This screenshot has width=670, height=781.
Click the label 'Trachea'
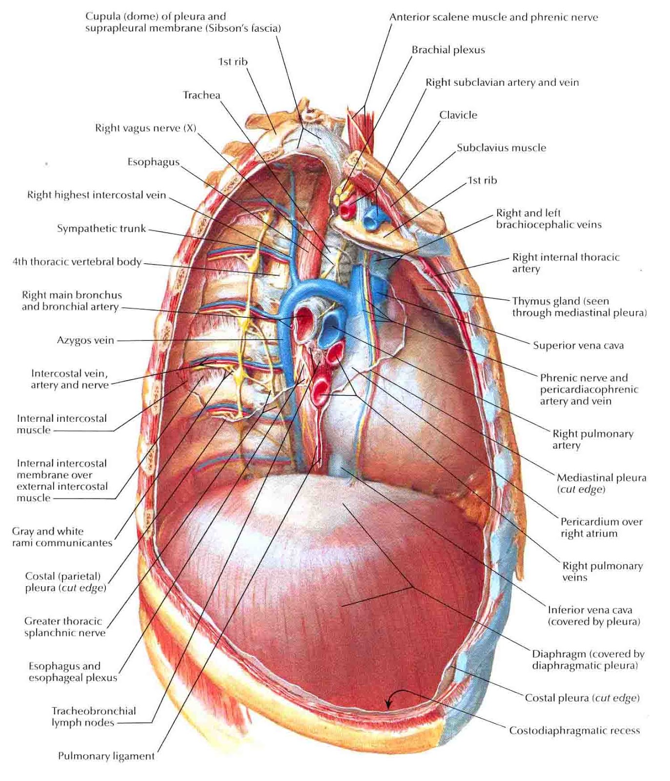tap(201, 95)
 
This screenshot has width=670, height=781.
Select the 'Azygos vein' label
tap(85, 340)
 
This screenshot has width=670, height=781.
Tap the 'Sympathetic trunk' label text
tap(101, 228)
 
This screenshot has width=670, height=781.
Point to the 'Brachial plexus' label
tap(448, 50)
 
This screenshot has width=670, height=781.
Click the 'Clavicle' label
tap(458, 115)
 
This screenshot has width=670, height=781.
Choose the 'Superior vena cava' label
tap(578, 346)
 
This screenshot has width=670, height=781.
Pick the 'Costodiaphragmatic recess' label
tap(574, 731)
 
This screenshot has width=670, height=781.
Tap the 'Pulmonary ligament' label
tap(106, 756)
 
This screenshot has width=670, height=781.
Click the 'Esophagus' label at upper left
tap(153, 162)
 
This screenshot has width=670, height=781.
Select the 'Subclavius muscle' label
tap(501, 148)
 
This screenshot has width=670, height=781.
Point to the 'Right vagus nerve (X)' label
tap(145, 128)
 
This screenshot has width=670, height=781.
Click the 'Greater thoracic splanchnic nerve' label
tap(64, 627)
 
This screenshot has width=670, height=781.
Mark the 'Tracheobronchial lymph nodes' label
tap(94, 717)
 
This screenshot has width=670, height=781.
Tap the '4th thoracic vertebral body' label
tap(77, 262)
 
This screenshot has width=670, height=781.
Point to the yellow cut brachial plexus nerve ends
tap(340, 195)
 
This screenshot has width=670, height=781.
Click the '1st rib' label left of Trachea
tap(233, 62)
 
